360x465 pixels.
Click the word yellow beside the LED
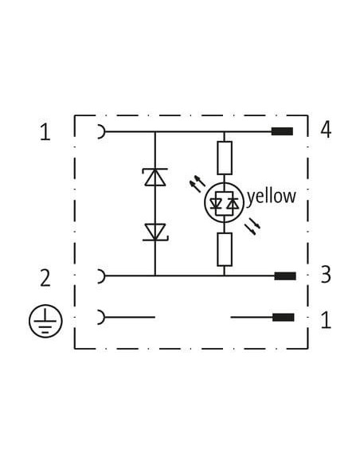pyautogui.click(x=272, y=197)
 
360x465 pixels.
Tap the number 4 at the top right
pyautogui.click(x=326, y=130)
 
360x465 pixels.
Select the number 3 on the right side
pyautogui.click(x=326, y=275)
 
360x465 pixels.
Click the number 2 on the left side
pyautogui.click(x=45, y=278)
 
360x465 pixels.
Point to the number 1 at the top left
pyautogui.click(x=45, y=132)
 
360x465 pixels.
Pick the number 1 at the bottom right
pyautogui.click(x=327, y=320)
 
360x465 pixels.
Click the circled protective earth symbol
pyautogui.click(x=45, y=321)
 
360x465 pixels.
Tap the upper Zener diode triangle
pyautogui.click(x=155, y=177)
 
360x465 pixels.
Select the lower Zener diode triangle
pyautogui.click(x=155, y=232)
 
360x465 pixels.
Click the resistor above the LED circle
pyautogui.click(x=225, y=158)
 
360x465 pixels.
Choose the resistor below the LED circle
pyautogui.click(x=225, y=249)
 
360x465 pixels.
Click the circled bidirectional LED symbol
pyautogui.click(x=224, y=202)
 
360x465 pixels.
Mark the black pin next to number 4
pyautogui.click(x=282, y=131)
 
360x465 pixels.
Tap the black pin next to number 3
pyautogui.click(x=285, y=276)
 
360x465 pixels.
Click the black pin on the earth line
pyautogui.click(x=284, y=318)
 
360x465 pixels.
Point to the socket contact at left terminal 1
pyautogui.click(x=102, y=131)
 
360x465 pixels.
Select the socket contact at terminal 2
pyautogui.click(x=102, y=276)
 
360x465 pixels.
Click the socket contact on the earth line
pyautogui.click(x=102, y=318)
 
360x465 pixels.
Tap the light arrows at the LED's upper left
pyautogui.click(x=198, y=183)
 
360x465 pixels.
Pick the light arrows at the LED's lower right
pyautogui.click(x=252, y=226)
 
